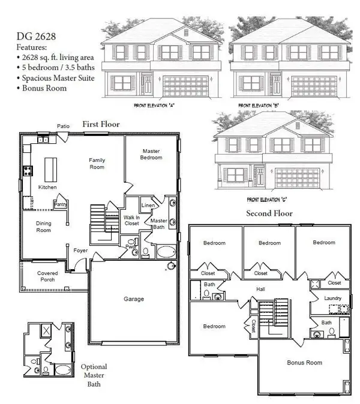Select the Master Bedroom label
tap(152, 154)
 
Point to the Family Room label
tap(97, 163)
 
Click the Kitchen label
tap(47, 188)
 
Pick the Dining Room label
tap(43, 227)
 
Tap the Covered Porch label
tap(48, 276)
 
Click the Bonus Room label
tap(305, 363)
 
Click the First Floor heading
tap(101, 124)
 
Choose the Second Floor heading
tap(269, 213)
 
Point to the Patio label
tap(64, 126)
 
